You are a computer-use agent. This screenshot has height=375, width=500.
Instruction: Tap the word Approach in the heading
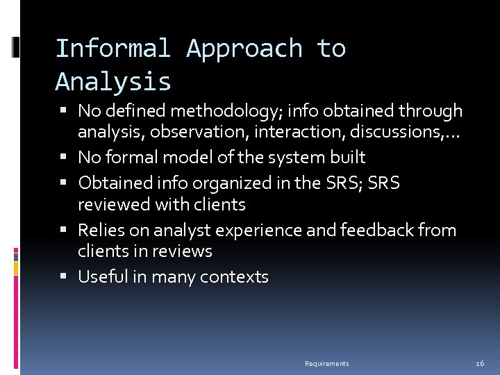[244, 49]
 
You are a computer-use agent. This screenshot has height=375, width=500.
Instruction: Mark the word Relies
[98, 230]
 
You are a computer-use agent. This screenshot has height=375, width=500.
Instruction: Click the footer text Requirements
[326, 364]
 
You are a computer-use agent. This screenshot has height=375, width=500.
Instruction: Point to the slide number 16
[479, 364]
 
